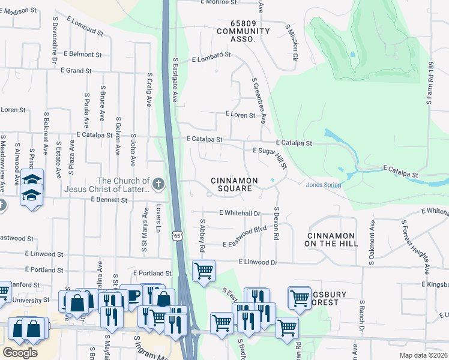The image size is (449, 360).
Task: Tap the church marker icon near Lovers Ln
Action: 158,184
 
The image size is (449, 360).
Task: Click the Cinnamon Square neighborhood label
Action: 234,185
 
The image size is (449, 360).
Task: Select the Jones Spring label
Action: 324,185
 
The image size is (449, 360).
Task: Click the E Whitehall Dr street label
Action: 240,213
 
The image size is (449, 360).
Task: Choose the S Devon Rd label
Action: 277,224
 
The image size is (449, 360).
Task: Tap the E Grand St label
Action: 76,71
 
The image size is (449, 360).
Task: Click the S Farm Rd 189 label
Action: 430,83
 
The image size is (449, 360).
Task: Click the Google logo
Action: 20,352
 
